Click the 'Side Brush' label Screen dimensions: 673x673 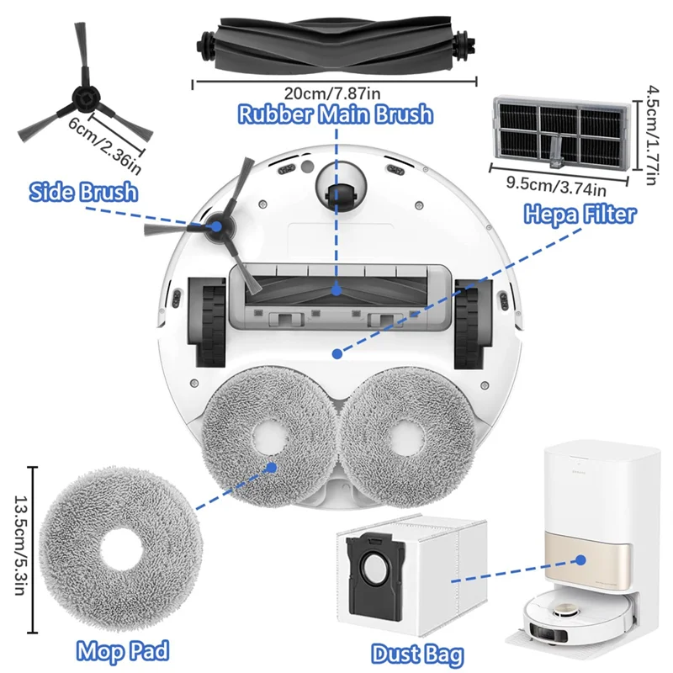pyautogui.click(x=82, y=192)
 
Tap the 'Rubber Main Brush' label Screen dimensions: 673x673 pyautogui.click(x=335, y=114)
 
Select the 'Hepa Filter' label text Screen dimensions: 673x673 pyautogui.click(x=580, y=214)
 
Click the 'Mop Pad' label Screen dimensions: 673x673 pyautogui.click(x=124, y=649)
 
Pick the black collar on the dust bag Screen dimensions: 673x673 pyautogui.click(x=374, y=570)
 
